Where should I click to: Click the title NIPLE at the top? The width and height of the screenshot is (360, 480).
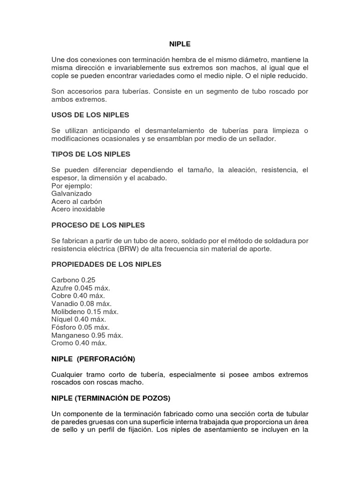coord(180,44)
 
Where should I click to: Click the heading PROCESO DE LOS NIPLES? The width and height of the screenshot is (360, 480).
coord(98,225)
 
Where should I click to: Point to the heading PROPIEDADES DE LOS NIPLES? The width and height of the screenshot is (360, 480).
coord(106,264)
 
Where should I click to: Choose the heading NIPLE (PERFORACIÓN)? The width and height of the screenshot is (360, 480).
coord(93,359)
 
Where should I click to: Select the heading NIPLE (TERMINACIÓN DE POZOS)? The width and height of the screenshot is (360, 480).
coord(111,398)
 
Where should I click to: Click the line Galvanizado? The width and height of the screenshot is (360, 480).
coord(71,193)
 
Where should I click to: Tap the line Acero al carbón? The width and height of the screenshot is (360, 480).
coord(76,201)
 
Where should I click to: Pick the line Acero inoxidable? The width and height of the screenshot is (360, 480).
coord(78,209)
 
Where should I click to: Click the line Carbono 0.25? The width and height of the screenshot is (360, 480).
coord(73,280)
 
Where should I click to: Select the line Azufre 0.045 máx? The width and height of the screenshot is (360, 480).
coord(81,288)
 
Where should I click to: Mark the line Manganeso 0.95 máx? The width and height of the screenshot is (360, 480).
coord(87,335)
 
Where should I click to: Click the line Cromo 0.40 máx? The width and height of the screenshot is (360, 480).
coord(79,343)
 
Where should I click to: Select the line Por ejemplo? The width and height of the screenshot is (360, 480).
coord(72,186)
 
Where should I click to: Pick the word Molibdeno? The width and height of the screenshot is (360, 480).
coord(67,312)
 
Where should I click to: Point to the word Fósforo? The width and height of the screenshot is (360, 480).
coord(64,327)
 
